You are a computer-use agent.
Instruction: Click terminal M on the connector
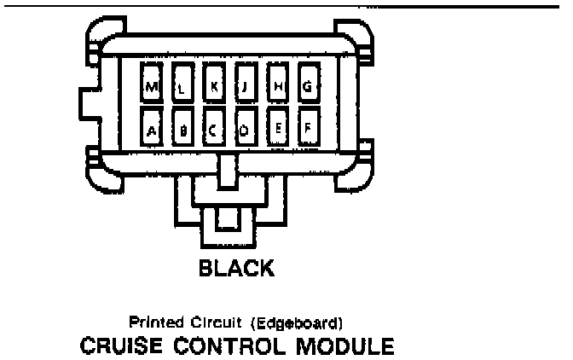(x=152, y=84)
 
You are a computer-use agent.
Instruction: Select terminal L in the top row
(x=182, y=84)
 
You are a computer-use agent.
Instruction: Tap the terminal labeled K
(x=214, y=84)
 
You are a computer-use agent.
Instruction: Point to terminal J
(x=245, y=84)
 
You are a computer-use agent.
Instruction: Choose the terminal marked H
(x=276, y=84)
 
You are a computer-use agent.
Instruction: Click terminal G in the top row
(x=307, y=84)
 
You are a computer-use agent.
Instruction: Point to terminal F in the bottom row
(x=307, y=129)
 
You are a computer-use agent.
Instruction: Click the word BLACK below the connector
(x=236, y=268)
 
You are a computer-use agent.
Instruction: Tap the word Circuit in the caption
(x=213, y=322)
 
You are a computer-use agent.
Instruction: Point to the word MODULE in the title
(x=340, y=347)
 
